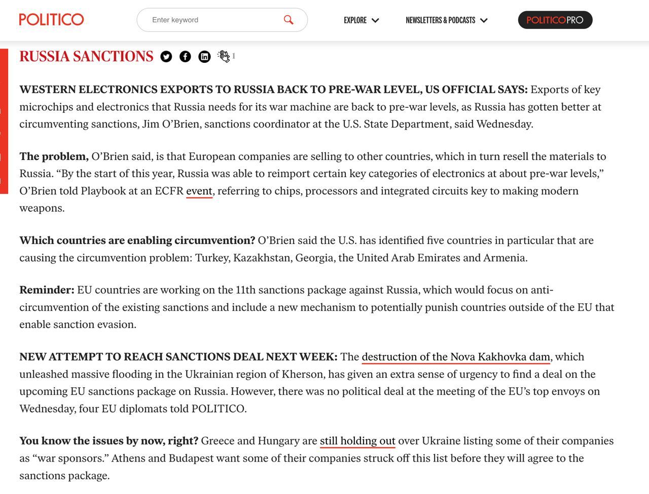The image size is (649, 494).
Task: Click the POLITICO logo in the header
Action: [x=51, y=20]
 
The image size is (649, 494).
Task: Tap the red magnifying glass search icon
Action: [x=289, y=20]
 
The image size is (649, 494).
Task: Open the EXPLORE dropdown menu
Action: [x=361, y=20]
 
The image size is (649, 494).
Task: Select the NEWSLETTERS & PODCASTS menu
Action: [x=446, y=20]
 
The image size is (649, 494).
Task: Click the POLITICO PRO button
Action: [x=555, y=20]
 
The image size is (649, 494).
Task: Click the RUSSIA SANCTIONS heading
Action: [x=86, y=56]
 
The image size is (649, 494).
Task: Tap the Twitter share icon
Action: [x=166, y=57]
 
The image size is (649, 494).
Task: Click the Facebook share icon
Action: [x=185, y=57]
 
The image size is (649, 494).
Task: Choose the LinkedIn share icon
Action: [x=204, y=57]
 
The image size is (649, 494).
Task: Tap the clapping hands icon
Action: [x=224, y=56]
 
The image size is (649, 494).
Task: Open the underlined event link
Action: [x=199, y=191]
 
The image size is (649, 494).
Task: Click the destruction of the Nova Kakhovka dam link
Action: [x=456, y=357]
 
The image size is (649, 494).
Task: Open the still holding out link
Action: [x=357, y=441]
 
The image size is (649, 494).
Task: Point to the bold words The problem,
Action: [x=54, y=156]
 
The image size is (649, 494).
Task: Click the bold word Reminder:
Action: [x=47, y=290]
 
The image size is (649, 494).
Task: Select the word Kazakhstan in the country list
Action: [x=261, y=258]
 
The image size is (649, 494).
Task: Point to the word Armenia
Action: [x=504, y=258]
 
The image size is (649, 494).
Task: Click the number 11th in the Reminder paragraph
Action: [x=246, y=290]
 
